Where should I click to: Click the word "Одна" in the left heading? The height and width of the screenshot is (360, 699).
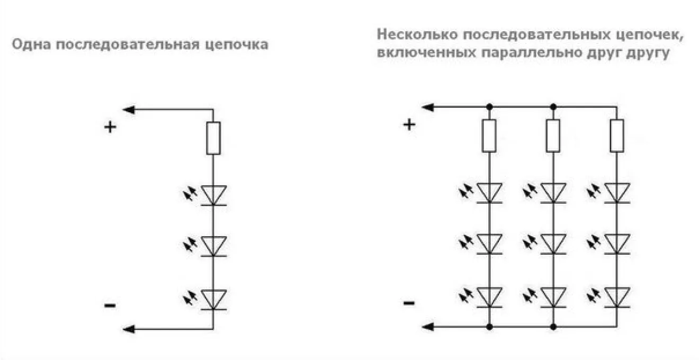[x=31, y=44]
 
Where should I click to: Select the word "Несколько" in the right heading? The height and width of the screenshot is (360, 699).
[x=417, y=34]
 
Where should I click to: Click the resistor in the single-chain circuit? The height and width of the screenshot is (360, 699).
[x=213, y=138]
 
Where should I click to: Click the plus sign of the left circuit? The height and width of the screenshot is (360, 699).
[x=110, y=127]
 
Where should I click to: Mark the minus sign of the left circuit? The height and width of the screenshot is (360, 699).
[x=110, y=305]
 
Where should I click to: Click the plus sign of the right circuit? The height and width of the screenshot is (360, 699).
[x=409, y=125]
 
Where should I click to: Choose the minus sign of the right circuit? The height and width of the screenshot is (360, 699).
[x=409, y=303]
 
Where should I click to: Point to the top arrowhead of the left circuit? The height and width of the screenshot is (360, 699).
[x=128, y=110]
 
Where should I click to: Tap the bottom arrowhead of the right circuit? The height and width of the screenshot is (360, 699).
[x=427, y=327]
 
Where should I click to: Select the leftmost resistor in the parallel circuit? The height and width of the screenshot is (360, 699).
[x=489, y=136]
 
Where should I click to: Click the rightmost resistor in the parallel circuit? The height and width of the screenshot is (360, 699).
[x=617, y=136]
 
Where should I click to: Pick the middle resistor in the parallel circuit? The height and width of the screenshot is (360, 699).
[x=553, y=136]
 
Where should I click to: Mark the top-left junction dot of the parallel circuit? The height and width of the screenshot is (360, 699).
[x=490, y=107]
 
